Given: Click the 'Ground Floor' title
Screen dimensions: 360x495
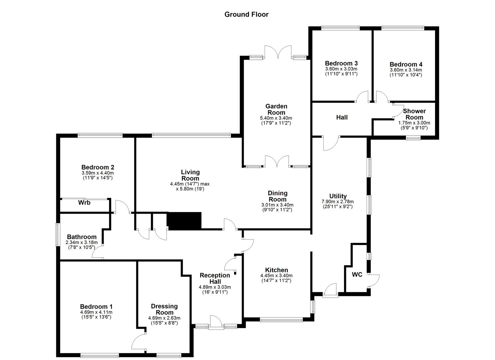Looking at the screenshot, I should tap(246, 14).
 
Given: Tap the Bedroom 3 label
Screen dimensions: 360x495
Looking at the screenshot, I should tap(341, 63).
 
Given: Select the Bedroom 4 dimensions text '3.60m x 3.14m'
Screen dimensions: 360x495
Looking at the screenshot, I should tap(406, 70).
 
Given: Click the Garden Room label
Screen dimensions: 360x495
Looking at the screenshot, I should tap(276, 109).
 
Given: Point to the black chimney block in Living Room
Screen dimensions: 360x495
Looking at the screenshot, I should tap(184, 220).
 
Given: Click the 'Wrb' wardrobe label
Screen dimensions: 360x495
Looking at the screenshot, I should tap(84, 202).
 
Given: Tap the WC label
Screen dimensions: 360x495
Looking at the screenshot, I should tap(357, 275).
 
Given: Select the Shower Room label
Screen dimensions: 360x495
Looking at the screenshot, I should tap(414, 114).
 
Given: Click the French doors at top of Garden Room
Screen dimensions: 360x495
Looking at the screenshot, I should tap(278, 53).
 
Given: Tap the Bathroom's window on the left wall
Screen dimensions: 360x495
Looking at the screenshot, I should tap(57, 235).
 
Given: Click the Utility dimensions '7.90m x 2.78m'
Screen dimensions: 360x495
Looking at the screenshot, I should tap(338, 202).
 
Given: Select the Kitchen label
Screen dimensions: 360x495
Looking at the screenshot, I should tap(276, 270).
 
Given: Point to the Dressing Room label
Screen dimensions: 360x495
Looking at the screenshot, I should tap(164, 309).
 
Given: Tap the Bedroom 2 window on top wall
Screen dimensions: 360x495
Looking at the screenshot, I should tap(100, 135).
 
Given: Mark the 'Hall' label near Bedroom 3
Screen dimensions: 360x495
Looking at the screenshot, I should tap(342, 117).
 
